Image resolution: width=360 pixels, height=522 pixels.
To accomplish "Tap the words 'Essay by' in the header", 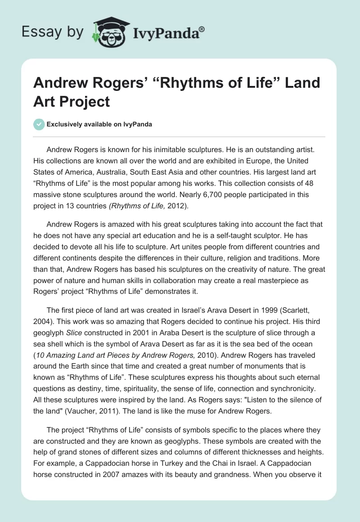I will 53,31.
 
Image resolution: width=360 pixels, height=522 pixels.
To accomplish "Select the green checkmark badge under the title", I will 39,124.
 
